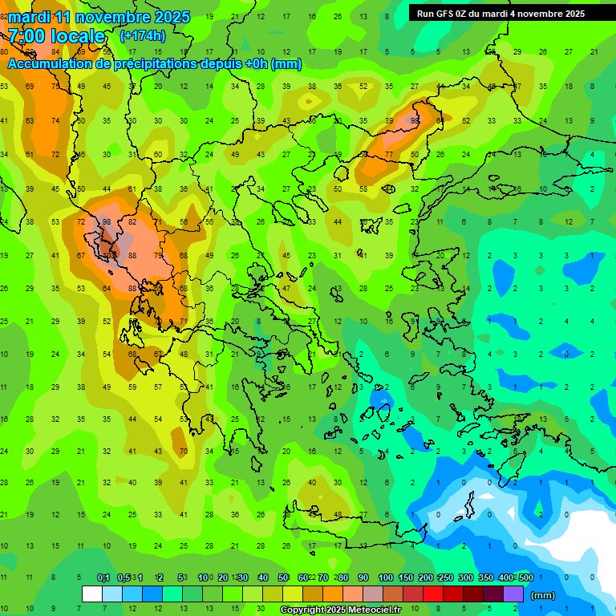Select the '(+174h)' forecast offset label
coord(142,36)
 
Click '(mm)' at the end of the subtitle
coord(286,64)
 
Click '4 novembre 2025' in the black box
coord(547,14)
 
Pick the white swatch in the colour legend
coord(92,594)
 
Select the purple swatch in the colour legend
coord(513,594)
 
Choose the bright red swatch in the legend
coord(433,594)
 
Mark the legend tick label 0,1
coord(103,577)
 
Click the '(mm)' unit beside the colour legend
coord(543,595)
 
